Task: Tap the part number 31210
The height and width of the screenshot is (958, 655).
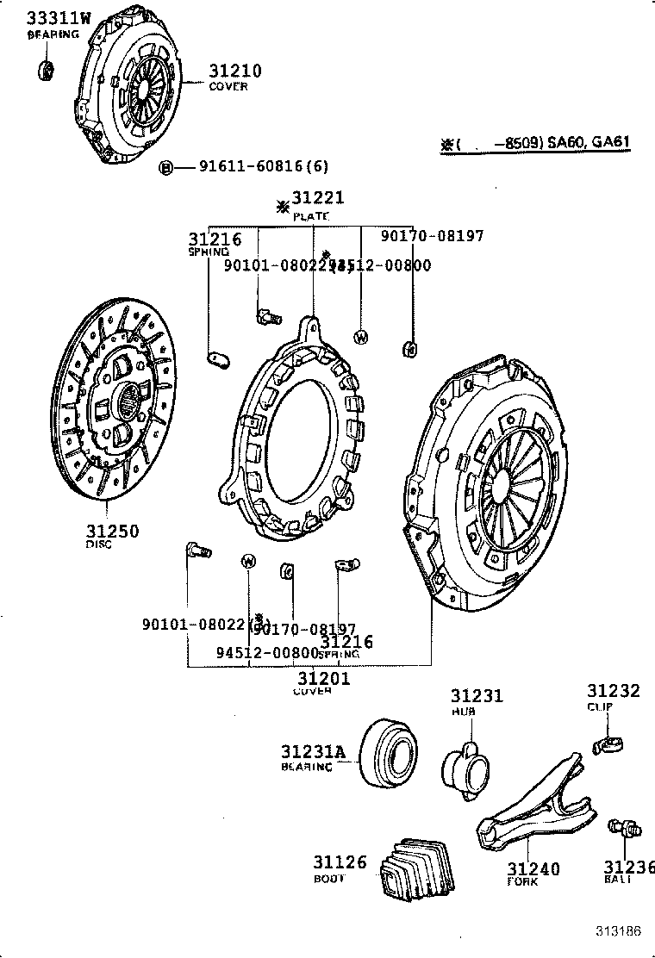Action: (x=234, y=71)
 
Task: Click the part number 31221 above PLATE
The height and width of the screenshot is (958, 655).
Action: (x=317, y=199)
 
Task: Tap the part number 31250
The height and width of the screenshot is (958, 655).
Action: (x=112, y=531)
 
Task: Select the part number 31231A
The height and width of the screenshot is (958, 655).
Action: (x=312, y=751)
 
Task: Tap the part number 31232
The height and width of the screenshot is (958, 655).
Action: (x=614, y=691)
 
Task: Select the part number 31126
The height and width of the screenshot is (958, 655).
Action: (x=340, y=862)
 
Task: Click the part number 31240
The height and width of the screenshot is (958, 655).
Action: (x=533, y=868)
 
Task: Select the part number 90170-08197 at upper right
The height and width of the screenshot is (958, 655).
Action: (x=432, y=235)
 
